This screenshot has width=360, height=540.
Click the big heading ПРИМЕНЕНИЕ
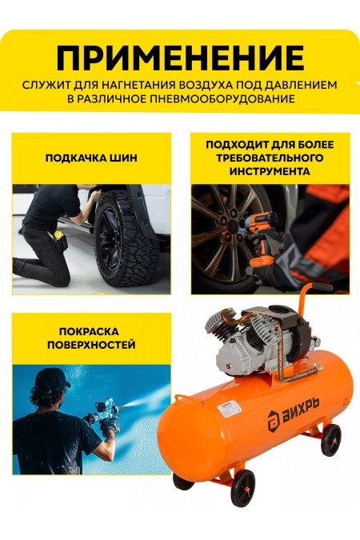(x=180, y=58)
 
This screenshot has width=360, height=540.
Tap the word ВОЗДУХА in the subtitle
(x=214, y=85)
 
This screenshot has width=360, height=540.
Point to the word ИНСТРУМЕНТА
(x=269, y=171)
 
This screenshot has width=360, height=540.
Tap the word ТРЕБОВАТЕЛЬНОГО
(x=269, y=158)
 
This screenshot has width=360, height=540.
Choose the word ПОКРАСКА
(x=91, y=331)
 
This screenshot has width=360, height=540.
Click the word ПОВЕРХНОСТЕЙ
(x=91, y=346)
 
